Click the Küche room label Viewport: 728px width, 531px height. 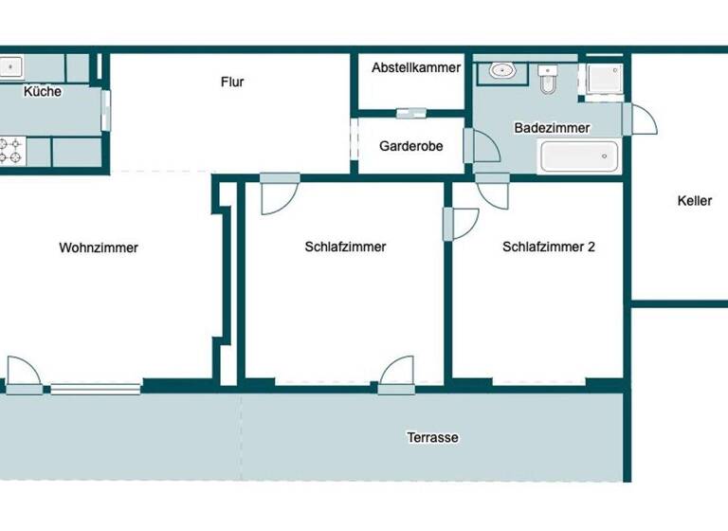(43, 92)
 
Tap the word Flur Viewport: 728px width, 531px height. (232, 82)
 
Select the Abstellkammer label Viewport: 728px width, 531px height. (416, 68)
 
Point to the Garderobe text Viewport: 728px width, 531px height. (411, 147)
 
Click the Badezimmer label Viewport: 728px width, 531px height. (552, 128)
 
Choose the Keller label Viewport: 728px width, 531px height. (694, 201)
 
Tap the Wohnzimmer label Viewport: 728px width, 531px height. (99, 248)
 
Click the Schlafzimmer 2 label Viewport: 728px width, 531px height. (549, 247)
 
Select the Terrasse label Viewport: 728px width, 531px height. (432, 438)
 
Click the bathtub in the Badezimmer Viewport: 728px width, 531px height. (579, 156)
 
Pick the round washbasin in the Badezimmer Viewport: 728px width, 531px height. (501, 70)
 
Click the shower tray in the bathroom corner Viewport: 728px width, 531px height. (603, 78)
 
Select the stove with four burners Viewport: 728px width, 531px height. (11, 151)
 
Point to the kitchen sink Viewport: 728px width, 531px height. (10, 67)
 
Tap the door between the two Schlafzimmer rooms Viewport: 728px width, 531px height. (461, 224)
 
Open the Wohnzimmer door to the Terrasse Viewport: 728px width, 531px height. (24, 375)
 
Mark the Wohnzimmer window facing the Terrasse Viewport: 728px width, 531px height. (96, 388)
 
